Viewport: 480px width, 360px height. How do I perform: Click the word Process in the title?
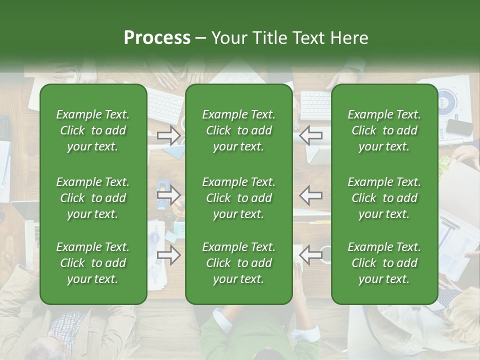click(x=157, y=38)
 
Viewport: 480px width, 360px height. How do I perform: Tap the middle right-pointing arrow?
click(x=168, y=195)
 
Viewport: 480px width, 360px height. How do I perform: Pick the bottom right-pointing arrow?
click(x=168, y=255)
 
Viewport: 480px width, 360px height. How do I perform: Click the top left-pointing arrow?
click(x=311, y=135)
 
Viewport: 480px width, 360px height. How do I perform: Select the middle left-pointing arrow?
click(x=311, y=195)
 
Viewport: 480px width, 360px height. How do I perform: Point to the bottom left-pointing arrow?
click(x=311, y=255)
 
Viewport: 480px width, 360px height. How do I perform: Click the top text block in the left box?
click(x=93, y=130)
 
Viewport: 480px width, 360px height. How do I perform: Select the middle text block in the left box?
click(x=93, y=198)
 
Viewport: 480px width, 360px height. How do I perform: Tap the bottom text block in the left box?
click(x=93, y=263)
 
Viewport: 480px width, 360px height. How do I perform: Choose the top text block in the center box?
click(x=239, y=130)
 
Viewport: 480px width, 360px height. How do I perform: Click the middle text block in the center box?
click(x=239, y=198)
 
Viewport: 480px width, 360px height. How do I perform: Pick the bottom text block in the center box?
click(x=239, y=263)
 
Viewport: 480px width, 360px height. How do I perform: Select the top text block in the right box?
click(x=384, y=130)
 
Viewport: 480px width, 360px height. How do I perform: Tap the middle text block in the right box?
click(x=384, y=198)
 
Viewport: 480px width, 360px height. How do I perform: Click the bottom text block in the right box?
click(x=384, y=263)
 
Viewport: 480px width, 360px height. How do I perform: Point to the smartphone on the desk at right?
click(x=459, y=127)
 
